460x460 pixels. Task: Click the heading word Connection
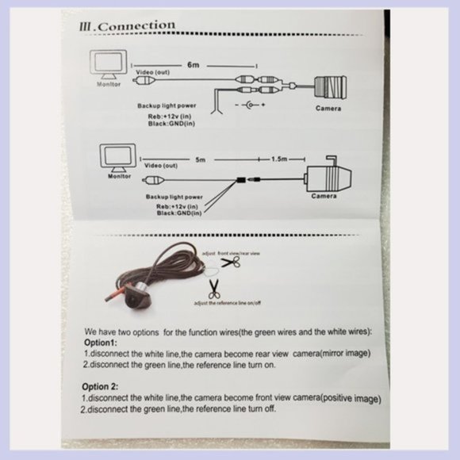coord(136,26)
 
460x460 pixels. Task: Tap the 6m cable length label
coord(193,65)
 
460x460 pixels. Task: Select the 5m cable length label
coord(201,159)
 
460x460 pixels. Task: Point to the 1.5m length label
coord(279,159)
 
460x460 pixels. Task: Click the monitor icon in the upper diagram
coord(108,64)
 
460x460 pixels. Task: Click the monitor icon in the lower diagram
coord(118,158)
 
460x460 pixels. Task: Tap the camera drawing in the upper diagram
coord(331,86)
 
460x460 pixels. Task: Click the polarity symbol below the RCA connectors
coord(251,105)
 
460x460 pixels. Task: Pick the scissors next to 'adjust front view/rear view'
coord(231,262)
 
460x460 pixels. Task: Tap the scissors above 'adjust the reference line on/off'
coord(214,289)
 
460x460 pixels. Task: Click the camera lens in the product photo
coord(131,301)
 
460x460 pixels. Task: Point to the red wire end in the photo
coord(107,299)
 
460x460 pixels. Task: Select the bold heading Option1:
coord(101,343)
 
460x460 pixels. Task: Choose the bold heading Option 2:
coord(100,386)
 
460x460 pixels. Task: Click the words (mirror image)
coord(345,353)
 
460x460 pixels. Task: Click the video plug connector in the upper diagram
coord(144,80)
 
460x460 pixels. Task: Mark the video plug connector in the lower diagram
coord(153,180)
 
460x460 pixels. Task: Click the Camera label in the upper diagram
coord(328,108)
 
